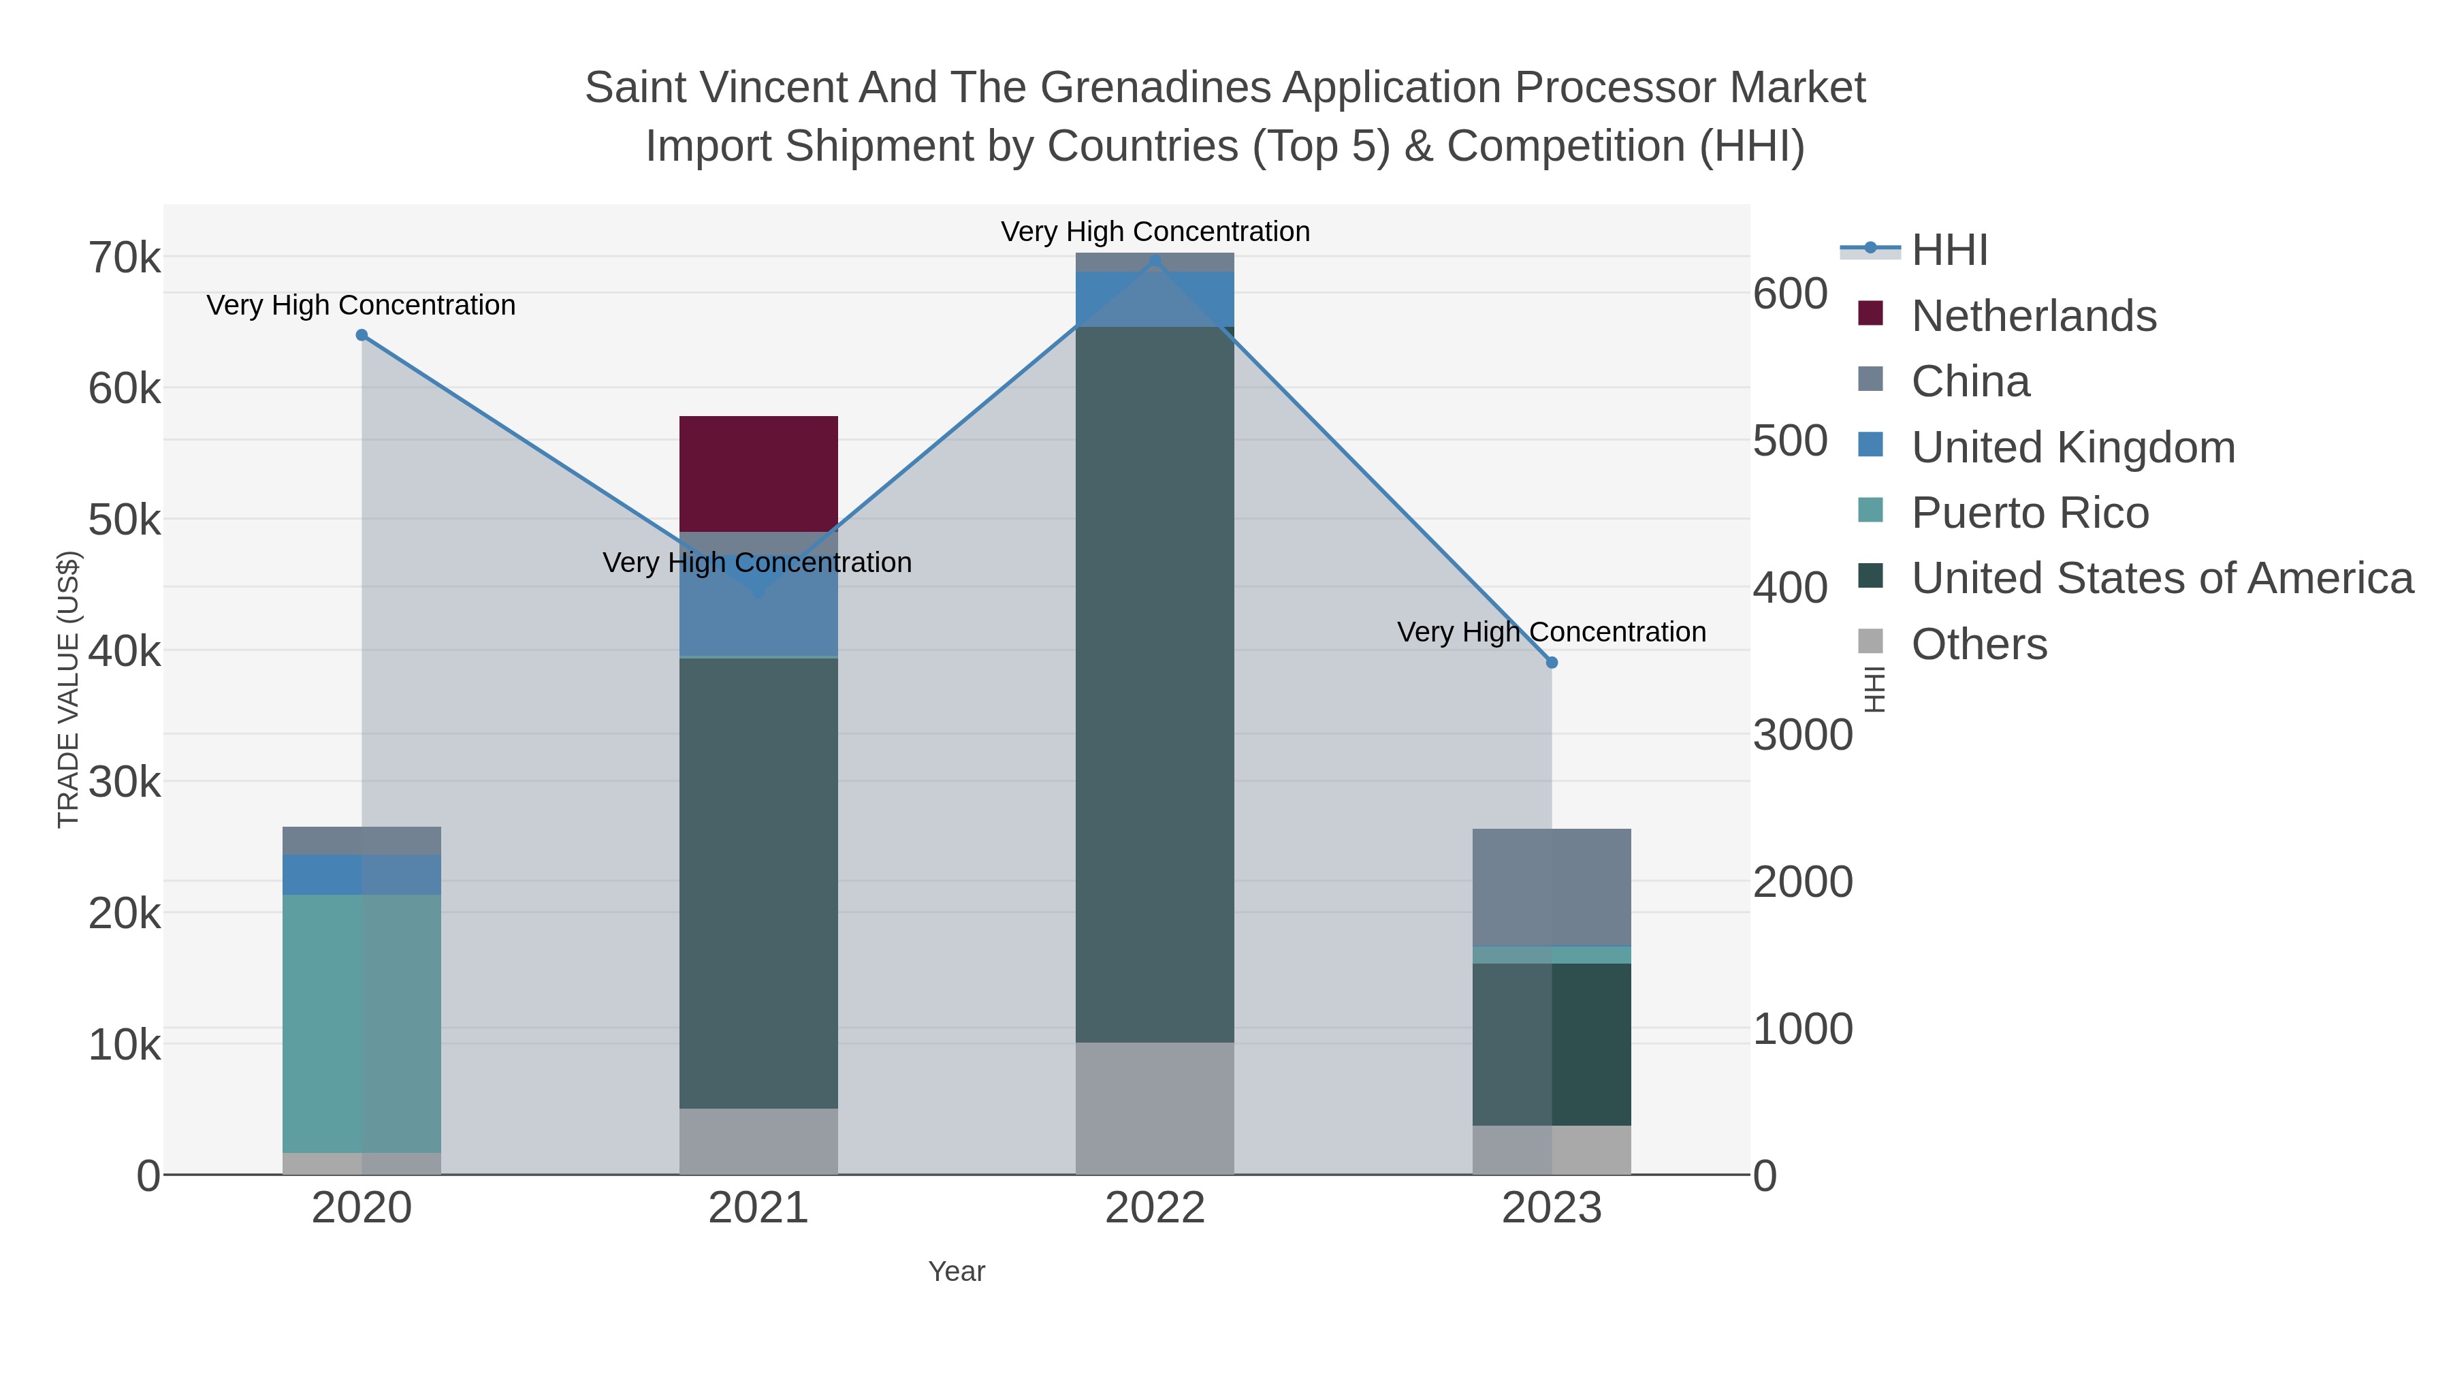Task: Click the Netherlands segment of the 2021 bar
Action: [758, 473]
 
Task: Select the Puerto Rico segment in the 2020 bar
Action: [362, 1023]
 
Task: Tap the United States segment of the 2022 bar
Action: [1154, 685]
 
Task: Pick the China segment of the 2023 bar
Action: [1551, 886]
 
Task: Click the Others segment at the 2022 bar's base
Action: [1154, 1108]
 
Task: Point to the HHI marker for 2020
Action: [362, 335]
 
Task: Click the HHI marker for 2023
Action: [1552, 663]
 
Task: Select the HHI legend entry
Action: [1949, 251]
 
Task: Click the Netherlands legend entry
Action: [2033, 316]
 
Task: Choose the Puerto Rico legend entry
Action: [2030, 513]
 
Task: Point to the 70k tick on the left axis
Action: [125, 258]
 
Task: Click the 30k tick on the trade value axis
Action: [125, 783]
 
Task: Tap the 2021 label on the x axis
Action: [758, 1209]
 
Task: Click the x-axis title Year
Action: [957, 1271]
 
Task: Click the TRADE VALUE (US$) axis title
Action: [69, 689]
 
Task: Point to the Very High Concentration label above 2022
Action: [1154, 232]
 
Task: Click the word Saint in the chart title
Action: [635, 89]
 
